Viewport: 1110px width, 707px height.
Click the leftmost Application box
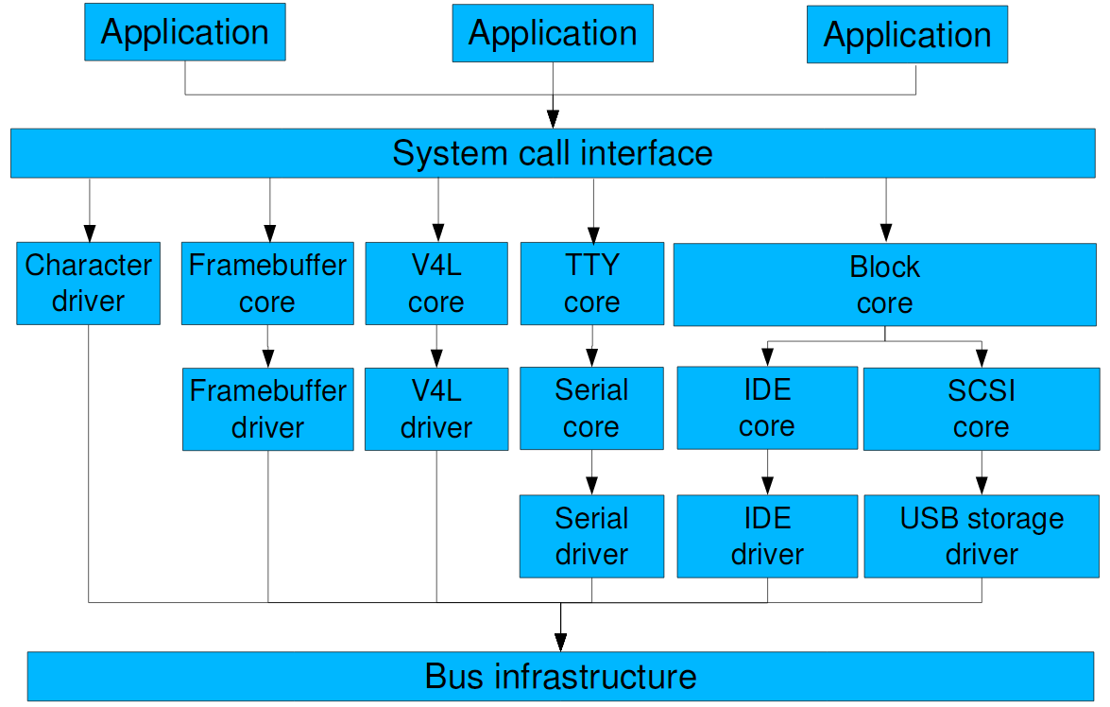(x=185, y=32)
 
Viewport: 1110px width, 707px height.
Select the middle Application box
(x=553, y=34)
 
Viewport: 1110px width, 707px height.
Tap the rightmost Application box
(x=907, y=36)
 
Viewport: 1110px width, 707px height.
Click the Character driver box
(x=88, y=284)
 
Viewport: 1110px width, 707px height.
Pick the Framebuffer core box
(x=267, y=284)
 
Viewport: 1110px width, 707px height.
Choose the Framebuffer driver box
(x=267, y=409)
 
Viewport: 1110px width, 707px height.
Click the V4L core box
(x=435, y=284)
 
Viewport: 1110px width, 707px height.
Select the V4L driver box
(x=435, y=409)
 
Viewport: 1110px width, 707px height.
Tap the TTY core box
(x=591, y=284)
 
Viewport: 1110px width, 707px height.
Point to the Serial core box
(x=591, y=409)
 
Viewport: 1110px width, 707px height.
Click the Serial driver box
(x=591, y=536)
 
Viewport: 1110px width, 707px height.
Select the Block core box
(x=884, y=285)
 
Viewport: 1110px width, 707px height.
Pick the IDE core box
(x=766, y=409)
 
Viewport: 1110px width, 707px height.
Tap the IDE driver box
(x=766, y=536)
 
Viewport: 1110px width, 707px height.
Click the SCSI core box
(x=981, y=409)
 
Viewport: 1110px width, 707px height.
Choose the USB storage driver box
(x=981, y=536)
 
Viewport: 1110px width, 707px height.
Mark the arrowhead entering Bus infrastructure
(x=560, y=642)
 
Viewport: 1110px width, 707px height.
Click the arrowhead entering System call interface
(x=553, y=119)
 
